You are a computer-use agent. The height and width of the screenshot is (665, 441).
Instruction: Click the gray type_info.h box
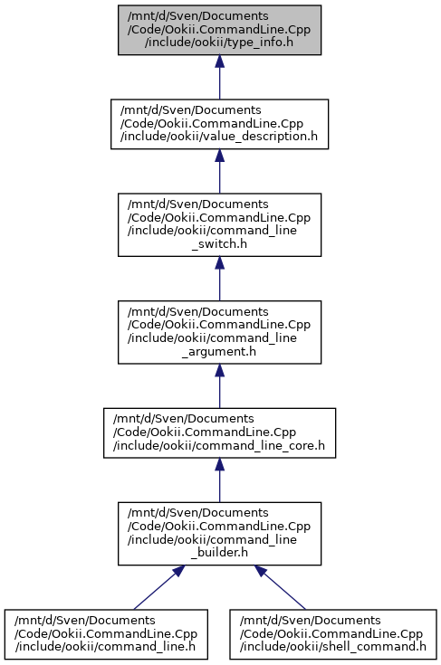point(219,30)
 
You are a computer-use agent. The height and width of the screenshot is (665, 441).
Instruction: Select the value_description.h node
point(219,124)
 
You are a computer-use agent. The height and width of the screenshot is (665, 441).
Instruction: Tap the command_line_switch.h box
point(219,224)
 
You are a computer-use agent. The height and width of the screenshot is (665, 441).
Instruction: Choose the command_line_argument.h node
point(219,332)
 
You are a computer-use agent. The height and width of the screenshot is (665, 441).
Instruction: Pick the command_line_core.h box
point(219,433)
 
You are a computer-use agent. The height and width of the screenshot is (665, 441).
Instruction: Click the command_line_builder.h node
point(219,534)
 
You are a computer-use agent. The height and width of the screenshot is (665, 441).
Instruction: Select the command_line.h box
point(106,634)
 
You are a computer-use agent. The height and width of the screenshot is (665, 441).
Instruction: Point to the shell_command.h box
point(333,634)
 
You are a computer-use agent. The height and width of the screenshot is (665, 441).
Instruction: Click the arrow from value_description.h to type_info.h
point(219,77)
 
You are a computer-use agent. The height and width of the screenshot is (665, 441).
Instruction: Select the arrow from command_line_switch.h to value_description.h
point(219,171)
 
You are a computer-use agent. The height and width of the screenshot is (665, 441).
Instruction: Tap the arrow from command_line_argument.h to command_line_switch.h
point(219,279)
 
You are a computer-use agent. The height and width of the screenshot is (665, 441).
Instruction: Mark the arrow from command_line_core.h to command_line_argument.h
point(219,386)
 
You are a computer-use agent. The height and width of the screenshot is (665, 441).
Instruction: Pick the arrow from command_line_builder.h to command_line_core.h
point(219,480)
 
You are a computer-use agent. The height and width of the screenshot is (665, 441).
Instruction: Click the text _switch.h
point(219,244)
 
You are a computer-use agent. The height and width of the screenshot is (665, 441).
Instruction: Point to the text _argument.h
point(219,352)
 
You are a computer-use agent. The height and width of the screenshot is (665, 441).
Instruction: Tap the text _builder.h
point(219,553)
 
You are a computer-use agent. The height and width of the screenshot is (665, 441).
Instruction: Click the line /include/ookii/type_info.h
point(219,43)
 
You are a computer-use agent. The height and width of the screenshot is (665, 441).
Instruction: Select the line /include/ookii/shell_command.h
point(333,647)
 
